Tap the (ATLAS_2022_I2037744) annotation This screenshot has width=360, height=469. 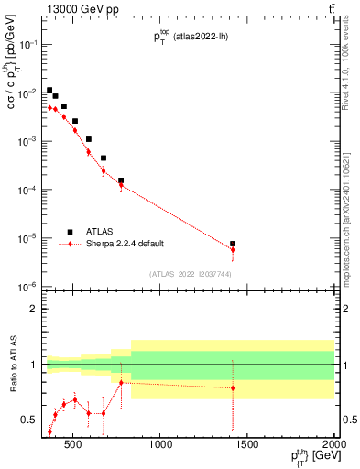[189, 274]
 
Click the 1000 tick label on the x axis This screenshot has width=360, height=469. [161, 446]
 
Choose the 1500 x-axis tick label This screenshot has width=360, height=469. [248, 446]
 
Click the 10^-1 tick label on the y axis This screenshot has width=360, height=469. [29, 45]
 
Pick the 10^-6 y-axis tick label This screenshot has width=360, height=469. [29, 287]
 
